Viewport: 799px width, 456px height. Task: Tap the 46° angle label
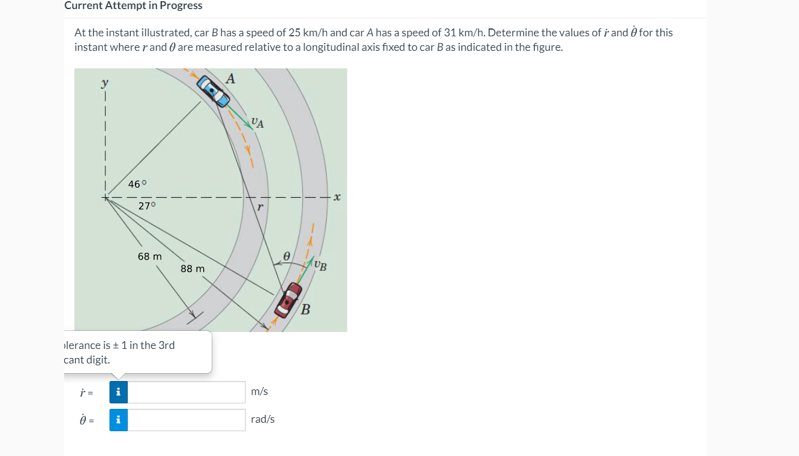click(138, 184)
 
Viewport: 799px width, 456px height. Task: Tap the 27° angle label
click(147, 206)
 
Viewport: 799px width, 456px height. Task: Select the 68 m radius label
click(149, 256)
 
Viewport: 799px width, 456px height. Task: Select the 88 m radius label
click(192, 268)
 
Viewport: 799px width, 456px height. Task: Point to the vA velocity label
click(258, 123)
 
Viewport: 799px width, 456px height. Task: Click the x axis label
click(337, 197)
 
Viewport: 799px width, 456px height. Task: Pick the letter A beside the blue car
click(230, 79)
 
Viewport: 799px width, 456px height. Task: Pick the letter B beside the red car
click(305, 310)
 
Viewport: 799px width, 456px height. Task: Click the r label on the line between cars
click(259, 207)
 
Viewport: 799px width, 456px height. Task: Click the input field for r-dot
click(186, 392)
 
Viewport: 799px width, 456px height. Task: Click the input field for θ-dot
click(186, 420)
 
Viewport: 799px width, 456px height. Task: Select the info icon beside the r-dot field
click(119, 392)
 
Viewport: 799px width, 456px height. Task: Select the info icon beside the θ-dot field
click(119, 420)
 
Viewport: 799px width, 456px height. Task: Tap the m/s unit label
click(259, 392)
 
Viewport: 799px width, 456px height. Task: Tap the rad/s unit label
click(263, 420)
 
